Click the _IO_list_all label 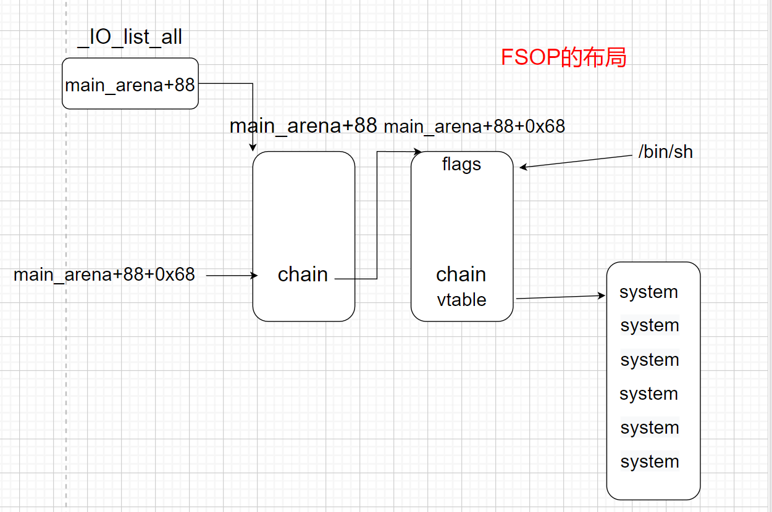click(x=130, y=38)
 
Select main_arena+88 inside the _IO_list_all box click(x=130, y=85)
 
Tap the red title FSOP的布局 click(x=563, y=57)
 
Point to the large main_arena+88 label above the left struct click(x=303, y=126)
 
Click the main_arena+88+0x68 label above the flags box click(x=474, y=126)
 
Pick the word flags click(x=461, y=165)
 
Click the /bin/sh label click(x=665, y=152)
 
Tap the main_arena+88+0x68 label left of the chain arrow click(x=104, y=275)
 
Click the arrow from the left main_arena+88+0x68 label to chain click(x=232, y=276)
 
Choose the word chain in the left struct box click(x=303, y=275)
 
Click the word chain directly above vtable click(x=461, y=275)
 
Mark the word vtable click(x=461, y=300)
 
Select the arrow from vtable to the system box click(x=560, y=297)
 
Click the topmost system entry click(x=648, y=292)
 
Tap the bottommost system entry click(x=650, y=461)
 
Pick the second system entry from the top click(x=650, y=325)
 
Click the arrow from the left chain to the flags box click(x=377, y=216)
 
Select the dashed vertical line click(x=66, y=308)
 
